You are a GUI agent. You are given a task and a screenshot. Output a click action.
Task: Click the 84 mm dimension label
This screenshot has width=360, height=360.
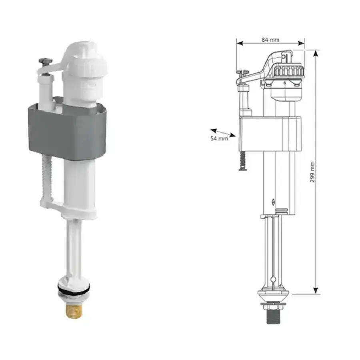[x=270, y=40]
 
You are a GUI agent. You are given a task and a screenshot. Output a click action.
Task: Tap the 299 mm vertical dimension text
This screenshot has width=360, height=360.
[x=312, y=172]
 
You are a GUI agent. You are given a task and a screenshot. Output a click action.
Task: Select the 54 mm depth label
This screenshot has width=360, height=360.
[x=219, y=138]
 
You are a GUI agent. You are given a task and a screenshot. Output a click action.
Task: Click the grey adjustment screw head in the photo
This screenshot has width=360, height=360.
[x=45, y=61]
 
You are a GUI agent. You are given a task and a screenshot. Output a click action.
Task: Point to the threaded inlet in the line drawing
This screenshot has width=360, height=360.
[x=273, y=317]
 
